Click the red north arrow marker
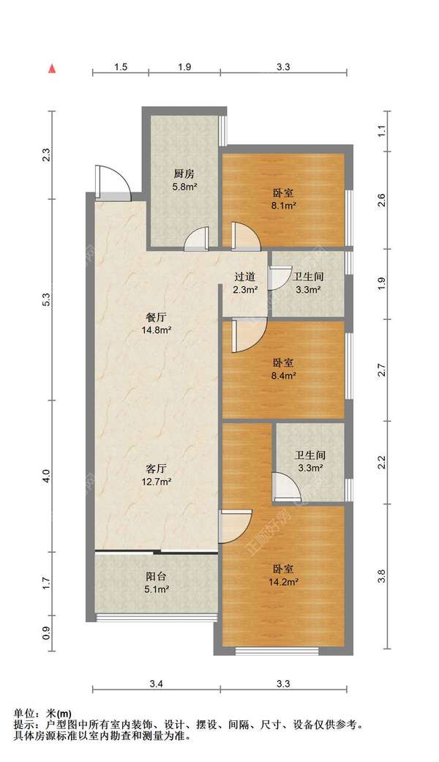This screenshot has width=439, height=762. (51, 69)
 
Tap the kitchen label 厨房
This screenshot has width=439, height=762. (184, 173)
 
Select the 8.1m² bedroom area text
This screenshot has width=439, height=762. (284, 205)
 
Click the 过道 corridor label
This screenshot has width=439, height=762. (245, 277)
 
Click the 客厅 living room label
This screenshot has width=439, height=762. (157, 468)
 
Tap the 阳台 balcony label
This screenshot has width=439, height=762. (157, 576)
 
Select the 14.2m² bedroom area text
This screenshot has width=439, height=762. (284, 581)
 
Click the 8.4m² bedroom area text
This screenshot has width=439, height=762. (284, 376)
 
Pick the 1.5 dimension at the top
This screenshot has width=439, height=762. (121, 67)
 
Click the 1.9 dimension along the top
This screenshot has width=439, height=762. (184, 67)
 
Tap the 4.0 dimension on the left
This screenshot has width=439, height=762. (47, 476)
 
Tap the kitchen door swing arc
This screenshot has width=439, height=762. (197, 239)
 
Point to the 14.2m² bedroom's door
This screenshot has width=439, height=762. (235, 526)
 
